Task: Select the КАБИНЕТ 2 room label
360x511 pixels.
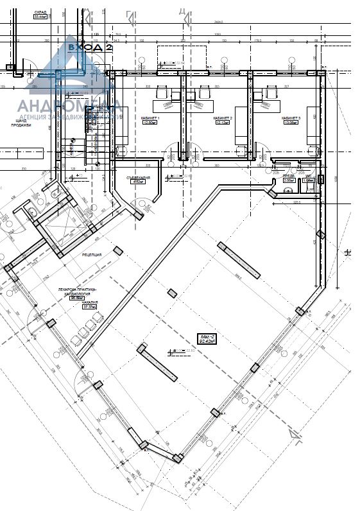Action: (222, 119)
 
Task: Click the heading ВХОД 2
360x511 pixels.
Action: (90, 47)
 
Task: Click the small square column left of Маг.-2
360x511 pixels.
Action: (171, 293)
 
